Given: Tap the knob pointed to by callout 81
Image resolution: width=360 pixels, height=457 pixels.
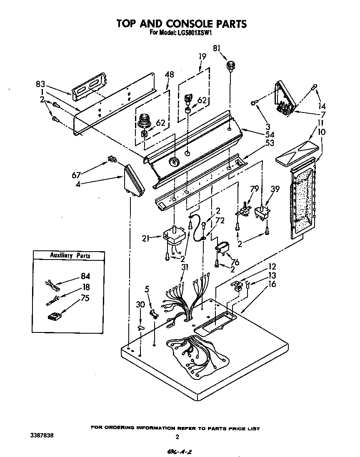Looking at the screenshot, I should point(230,66).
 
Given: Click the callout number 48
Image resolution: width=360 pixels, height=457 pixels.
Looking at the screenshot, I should point(169,75).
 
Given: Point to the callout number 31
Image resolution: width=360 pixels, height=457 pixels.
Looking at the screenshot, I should point(185,267).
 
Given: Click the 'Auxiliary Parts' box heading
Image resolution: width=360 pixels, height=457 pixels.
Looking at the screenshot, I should point(70,255).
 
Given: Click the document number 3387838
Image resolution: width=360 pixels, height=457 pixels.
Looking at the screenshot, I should point(42,435).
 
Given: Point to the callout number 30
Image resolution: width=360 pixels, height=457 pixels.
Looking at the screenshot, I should point(140,305).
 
